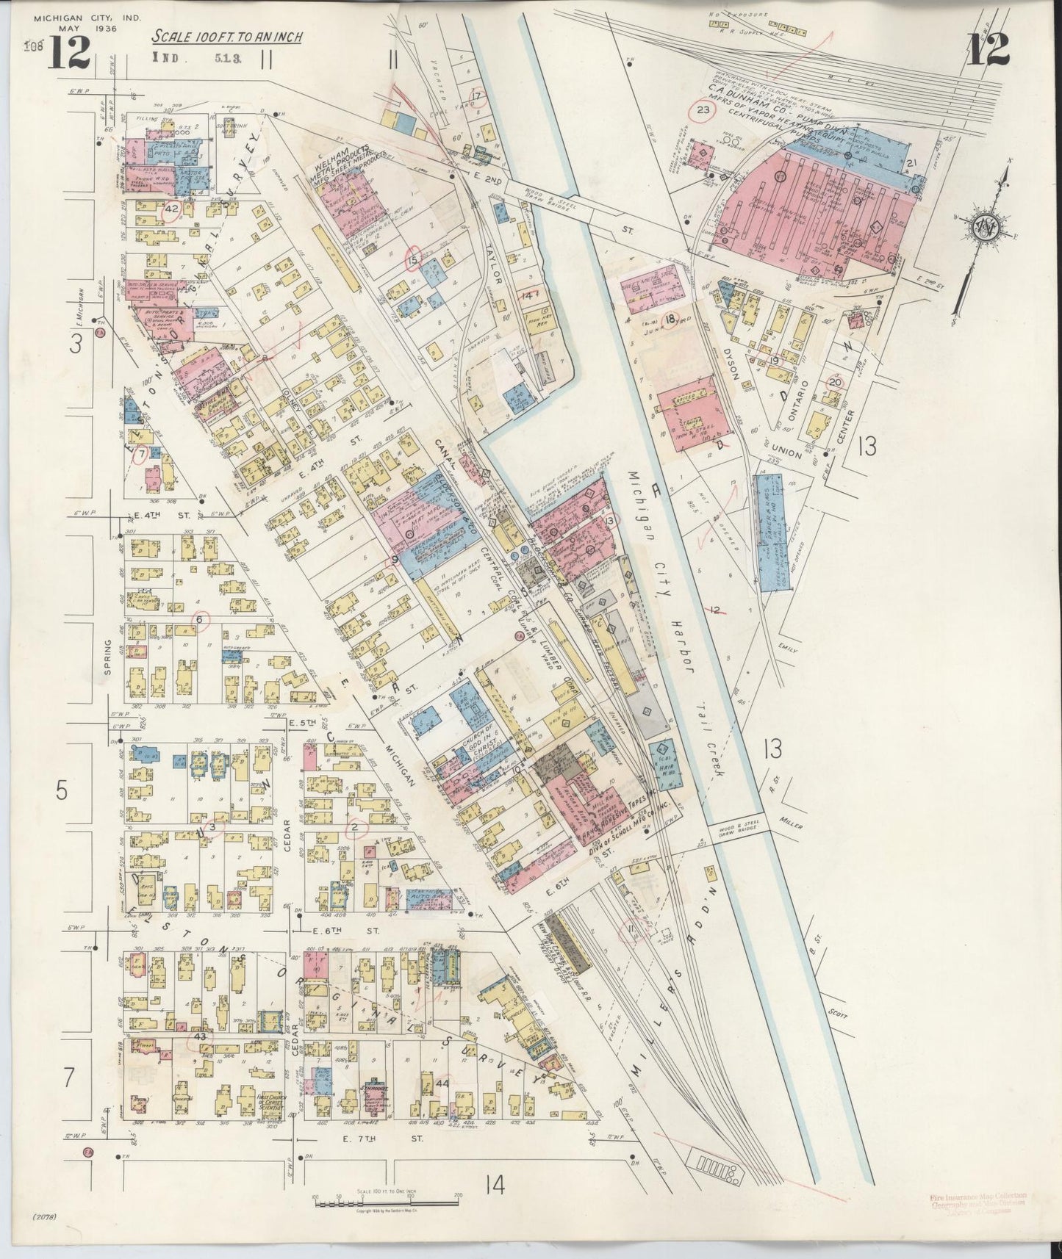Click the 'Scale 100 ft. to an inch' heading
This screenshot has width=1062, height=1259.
click(x=226, y=37)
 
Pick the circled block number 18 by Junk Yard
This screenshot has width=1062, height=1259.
click(x=670, y=319)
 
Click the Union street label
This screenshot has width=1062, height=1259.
click(x=787, y=455)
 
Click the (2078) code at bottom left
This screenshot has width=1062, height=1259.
click(x=46, y=1238)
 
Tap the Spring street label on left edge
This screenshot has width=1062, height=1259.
click(x=108, y=657)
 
